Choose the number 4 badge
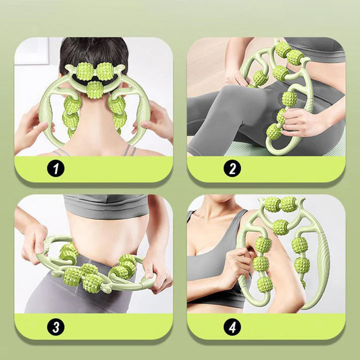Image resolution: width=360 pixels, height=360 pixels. (232, 327)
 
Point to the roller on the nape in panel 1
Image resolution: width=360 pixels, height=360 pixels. (93, 90)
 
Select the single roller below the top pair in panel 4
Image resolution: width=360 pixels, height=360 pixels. (280, 226)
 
